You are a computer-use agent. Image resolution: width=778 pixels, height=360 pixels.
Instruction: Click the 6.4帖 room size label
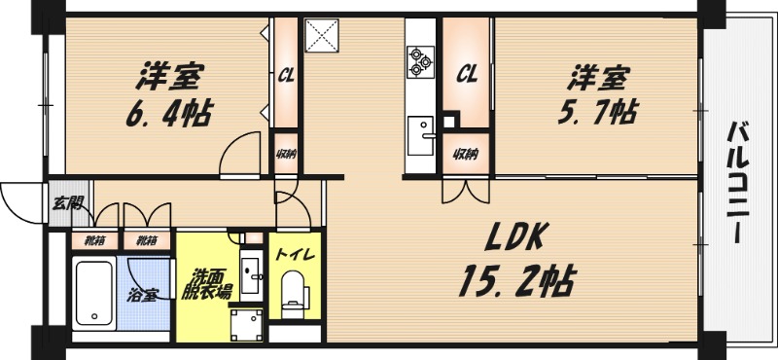(168, 114)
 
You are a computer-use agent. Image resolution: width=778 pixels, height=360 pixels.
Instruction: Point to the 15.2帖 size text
(517, 280)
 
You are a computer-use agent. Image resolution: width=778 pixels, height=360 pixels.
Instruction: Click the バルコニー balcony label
(738, 182)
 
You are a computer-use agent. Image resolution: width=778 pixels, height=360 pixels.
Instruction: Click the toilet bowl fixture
(295, 293)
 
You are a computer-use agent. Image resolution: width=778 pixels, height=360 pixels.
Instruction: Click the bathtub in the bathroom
(93, 293)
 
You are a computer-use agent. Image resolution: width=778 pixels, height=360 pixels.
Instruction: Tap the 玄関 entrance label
(67, 203)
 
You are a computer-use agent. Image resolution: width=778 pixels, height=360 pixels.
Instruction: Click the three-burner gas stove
(420, 61)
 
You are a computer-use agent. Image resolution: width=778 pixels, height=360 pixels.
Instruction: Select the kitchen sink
(420, 135)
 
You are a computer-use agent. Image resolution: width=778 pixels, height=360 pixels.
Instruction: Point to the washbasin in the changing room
(253, 271)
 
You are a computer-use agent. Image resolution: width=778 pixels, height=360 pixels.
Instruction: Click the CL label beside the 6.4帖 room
(286, 77)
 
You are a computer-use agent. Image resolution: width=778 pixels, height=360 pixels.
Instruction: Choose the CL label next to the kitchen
(467, 76)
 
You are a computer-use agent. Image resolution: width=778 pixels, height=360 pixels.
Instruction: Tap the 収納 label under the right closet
(465, 155)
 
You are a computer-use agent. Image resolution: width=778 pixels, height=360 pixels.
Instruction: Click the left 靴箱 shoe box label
(94, 241)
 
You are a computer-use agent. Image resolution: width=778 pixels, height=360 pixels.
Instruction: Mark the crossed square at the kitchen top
(322, 35)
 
